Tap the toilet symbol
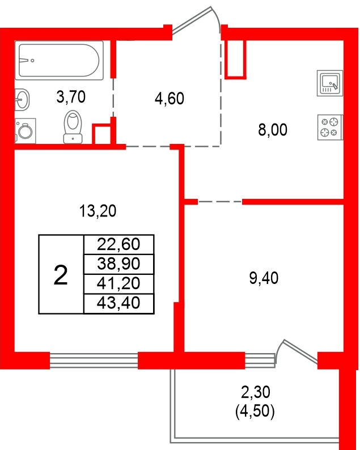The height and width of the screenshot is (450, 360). click(73, 126)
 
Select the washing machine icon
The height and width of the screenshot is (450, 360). click(25, 131)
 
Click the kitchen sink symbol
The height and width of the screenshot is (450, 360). click(329, 84)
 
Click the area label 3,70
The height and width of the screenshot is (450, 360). click(71, 97)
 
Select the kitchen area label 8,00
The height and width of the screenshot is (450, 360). click(273, 130)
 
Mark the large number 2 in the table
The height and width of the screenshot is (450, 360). click(61, 275)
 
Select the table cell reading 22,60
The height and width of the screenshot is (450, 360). click(118, 245)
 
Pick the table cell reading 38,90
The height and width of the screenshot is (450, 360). click(118, 264)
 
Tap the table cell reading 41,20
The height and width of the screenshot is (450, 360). click(118, 283)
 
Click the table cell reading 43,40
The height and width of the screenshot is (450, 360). click(118, 303)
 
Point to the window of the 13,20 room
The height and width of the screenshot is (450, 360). click(94, 360)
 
